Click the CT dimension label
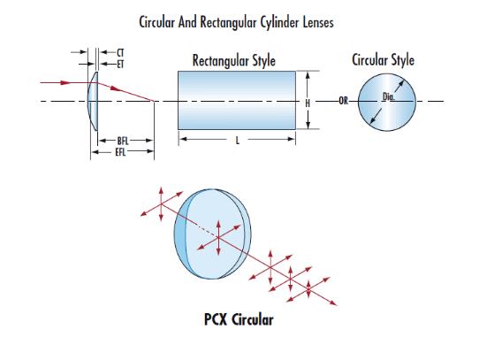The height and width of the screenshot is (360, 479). (x=120, y=52)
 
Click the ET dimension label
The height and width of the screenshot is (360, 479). (x=120, y=65)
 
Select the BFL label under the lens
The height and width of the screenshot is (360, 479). (x=123, y=141)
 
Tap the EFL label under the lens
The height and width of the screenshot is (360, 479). (x=120, y=152)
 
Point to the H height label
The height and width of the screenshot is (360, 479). (x=308, y=103)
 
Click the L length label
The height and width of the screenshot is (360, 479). (x=238, y=141)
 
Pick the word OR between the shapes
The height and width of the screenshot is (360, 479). (x=344, y=101)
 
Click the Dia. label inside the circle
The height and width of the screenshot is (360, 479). (x=388, y=97)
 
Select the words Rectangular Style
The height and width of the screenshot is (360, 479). (x=233, y=60)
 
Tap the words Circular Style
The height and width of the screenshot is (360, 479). (x=383, y=59)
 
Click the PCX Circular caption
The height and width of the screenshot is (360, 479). (x=239, y=319)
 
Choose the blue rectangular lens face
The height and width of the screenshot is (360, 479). (x=237, y=100)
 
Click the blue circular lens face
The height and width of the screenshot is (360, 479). (x=387, y=102)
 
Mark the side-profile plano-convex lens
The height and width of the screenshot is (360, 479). (x=93, y=101)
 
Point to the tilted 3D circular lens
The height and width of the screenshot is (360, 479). (x=213, y=234)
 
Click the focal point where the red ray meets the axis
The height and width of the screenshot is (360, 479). (x=154, y=101)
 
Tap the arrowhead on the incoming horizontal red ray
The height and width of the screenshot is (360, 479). (x=65, y=82)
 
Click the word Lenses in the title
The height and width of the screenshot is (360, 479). (x=318, y=22)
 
